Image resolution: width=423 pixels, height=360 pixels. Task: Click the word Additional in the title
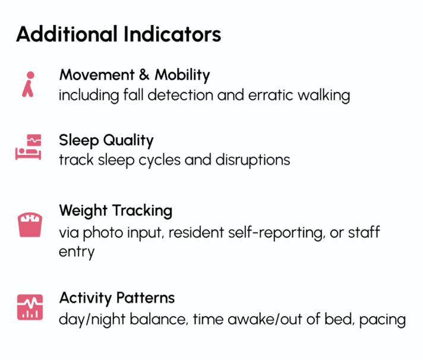67,34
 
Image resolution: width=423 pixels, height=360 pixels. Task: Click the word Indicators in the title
172,34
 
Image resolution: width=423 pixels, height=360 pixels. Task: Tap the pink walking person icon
29,84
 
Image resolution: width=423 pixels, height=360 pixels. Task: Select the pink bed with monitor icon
28,147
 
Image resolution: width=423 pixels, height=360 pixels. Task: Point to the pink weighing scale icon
30,225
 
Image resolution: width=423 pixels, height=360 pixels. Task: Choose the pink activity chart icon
30,307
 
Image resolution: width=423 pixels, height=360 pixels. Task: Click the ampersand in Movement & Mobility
144,75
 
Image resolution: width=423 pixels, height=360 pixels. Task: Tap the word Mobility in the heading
182,75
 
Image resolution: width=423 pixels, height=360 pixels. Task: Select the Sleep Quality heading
106,140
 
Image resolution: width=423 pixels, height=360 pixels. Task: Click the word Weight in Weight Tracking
83,211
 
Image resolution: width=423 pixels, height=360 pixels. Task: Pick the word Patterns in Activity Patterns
146,298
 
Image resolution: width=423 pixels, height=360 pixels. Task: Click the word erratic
270,95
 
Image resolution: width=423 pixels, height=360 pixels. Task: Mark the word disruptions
252,160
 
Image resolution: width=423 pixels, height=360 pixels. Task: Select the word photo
103,233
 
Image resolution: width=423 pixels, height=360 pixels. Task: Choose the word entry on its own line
77,252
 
